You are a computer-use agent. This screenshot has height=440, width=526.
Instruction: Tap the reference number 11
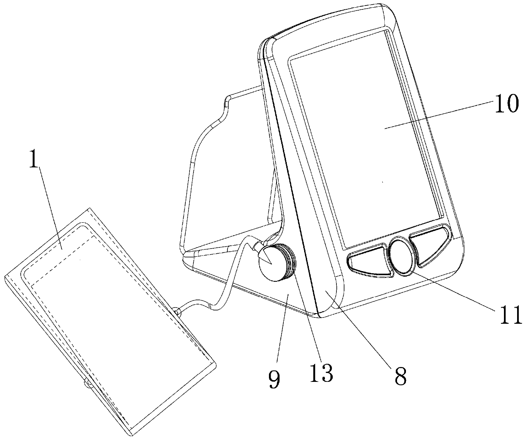click(x=507, y=315)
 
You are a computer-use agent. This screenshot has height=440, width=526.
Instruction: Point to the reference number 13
click(x=322, y=374)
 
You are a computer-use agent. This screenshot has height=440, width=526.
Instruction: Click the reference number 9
click(x=274, y=379)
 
